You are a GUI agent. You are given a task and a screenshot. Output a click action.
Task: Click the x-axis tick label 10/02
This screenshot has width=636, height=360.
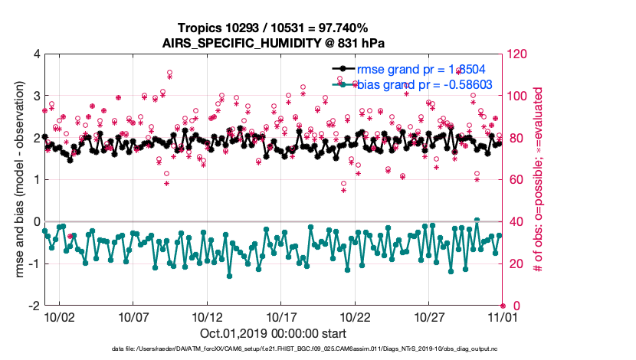(59, 316)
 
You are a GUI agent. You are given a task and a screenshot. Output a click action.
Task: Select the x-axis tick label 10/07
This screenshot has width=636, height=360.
(133, 316)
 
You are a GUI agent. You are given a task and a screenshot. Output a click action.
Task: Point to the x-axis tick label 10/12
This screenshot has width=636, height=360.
(208, 316)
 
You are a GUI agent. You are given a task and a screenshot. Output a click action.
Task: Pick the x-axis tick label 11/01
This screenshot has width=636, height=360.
(501, 316)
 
